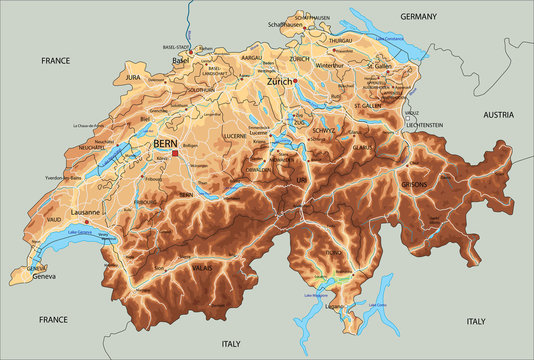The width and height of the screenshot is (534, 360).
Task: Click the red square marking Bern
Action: point(175,154)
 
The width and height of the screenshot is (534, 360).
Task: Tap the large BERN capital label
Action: point(166,144)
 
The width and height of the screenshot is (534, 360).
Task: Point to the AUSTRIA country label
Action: point(498,115)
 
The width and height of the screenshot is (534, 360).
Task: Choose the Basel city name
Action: point(180,61)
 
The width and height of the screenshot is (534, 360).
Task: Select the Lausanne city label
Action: point(85,212)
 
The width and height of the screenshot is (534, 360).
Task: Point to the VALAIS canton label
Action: point(201,268)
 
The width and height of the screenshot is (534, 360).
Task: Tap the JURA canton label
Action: point(137,76)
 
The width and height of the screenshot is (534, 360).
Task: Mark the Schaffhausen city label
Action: point(287,24)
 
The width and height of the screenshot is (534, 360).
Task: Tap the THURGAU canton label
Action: point(341,41)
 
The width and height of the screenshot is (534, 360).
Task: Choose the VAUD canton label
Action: point(53,220)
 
